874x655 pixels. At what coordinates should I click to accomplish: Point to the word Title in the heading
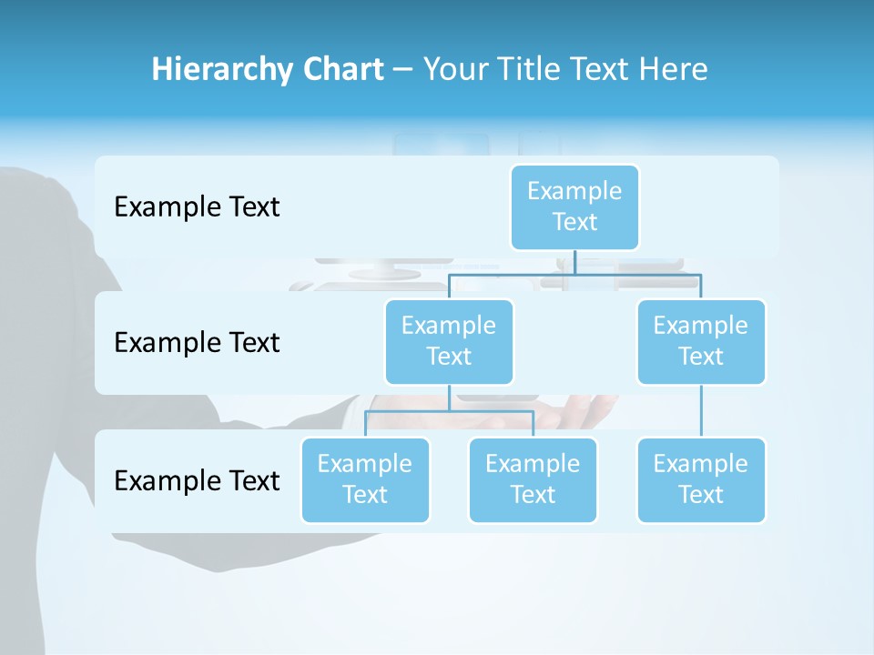click(527, 69)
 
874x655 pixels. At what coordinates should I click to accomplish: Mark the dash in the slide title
click(403, 70)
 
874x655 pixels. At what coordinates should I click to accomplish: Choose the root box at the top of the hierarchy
click(574, 207)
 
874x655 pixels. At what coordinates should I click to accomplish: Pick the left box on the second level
click(449, 341)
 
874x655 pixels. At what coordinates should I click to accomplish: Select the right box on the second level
click(701, 341)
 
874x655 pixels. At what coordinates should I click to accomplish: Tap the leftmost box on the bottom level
click(365, 479)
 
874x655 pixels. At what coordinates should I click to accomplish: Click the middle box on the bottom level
click(533, 479)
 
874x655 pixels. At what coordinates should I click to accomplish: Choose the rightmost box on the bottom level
click(701, 479)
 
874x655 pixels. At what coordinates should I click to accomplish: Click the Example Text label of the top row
click(197, 207)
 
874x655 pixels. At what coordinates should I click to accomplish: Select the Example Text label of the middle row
click(197, 343)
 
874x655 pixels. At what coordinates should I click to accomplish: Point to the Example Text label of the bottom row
click(197, 480)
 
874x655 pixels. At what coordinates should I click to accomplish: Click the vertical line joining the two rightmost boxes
click(701, 410)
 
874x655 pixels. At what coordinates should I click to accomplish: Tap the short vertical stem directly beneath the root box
click(574, 262)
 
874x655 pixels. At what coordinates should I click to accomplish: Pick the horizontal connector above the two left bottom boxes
click(449, 411)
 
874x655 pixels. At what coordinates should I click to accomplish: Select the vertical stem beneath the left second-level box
click(449, 398)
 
